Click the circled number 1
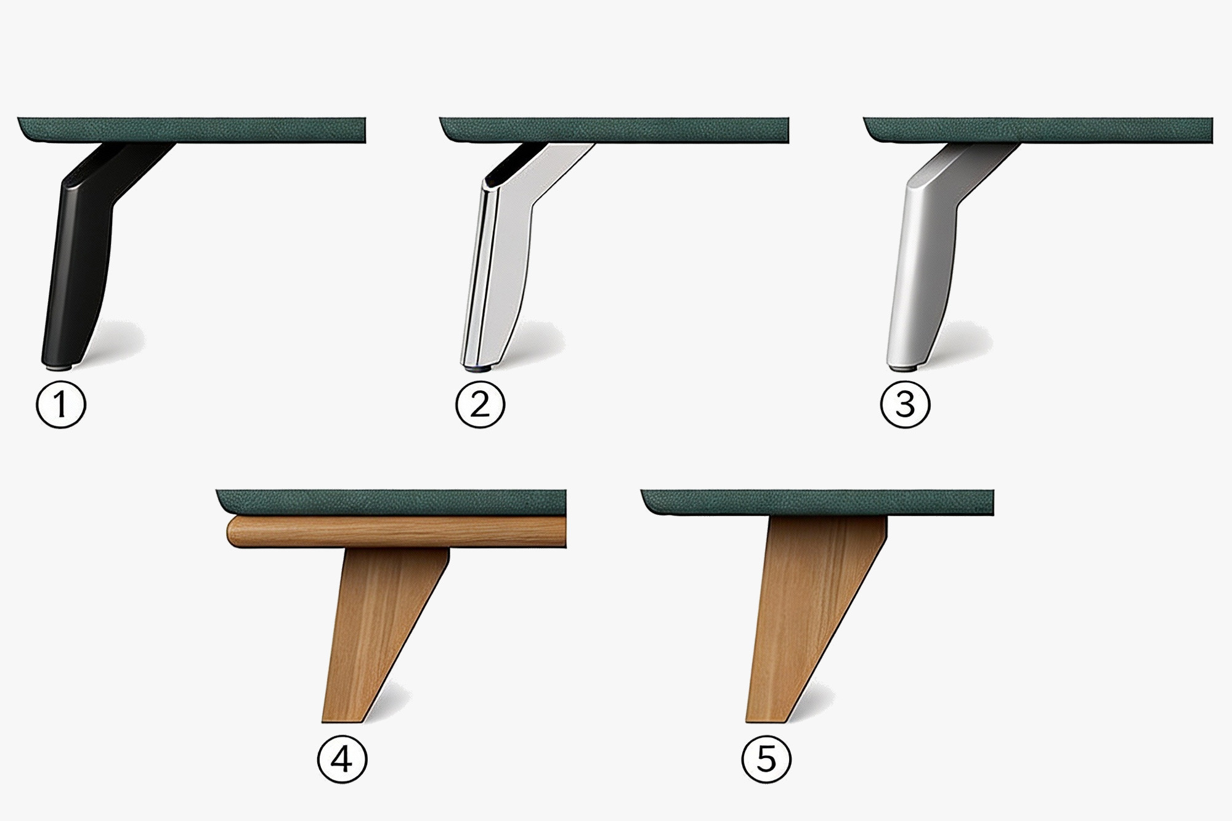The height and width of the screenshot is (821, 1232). (60, 405)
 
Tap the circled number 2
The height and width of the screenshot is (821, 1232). (480, 405)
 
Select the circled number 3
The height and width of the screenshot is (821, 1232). (906, 405)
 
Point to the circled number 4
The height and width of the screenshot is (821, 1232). (342, 759)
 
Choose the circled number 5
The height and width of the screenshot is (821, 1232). (766, 759)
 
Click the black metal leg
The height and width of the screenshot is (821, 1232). (83, 259)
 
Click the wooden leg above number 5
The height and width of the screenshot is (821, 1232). (807, 616)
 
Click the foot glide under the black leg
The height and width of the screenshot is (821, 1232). (59, 366)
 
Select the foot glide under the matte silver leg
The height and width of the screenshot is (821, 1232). (903, 368)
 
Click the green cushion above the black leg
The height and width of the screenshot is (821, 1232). (192, 129)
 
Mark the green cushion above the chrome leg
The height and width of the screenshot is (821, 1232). (614, 129)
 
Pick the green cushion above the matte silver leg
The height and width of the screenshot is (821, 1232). (1038, 129)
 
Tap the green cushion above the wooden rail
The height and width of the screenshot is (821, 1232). (391, 503)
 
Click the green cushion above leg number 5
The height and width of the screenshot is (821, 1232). (817, 503)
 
